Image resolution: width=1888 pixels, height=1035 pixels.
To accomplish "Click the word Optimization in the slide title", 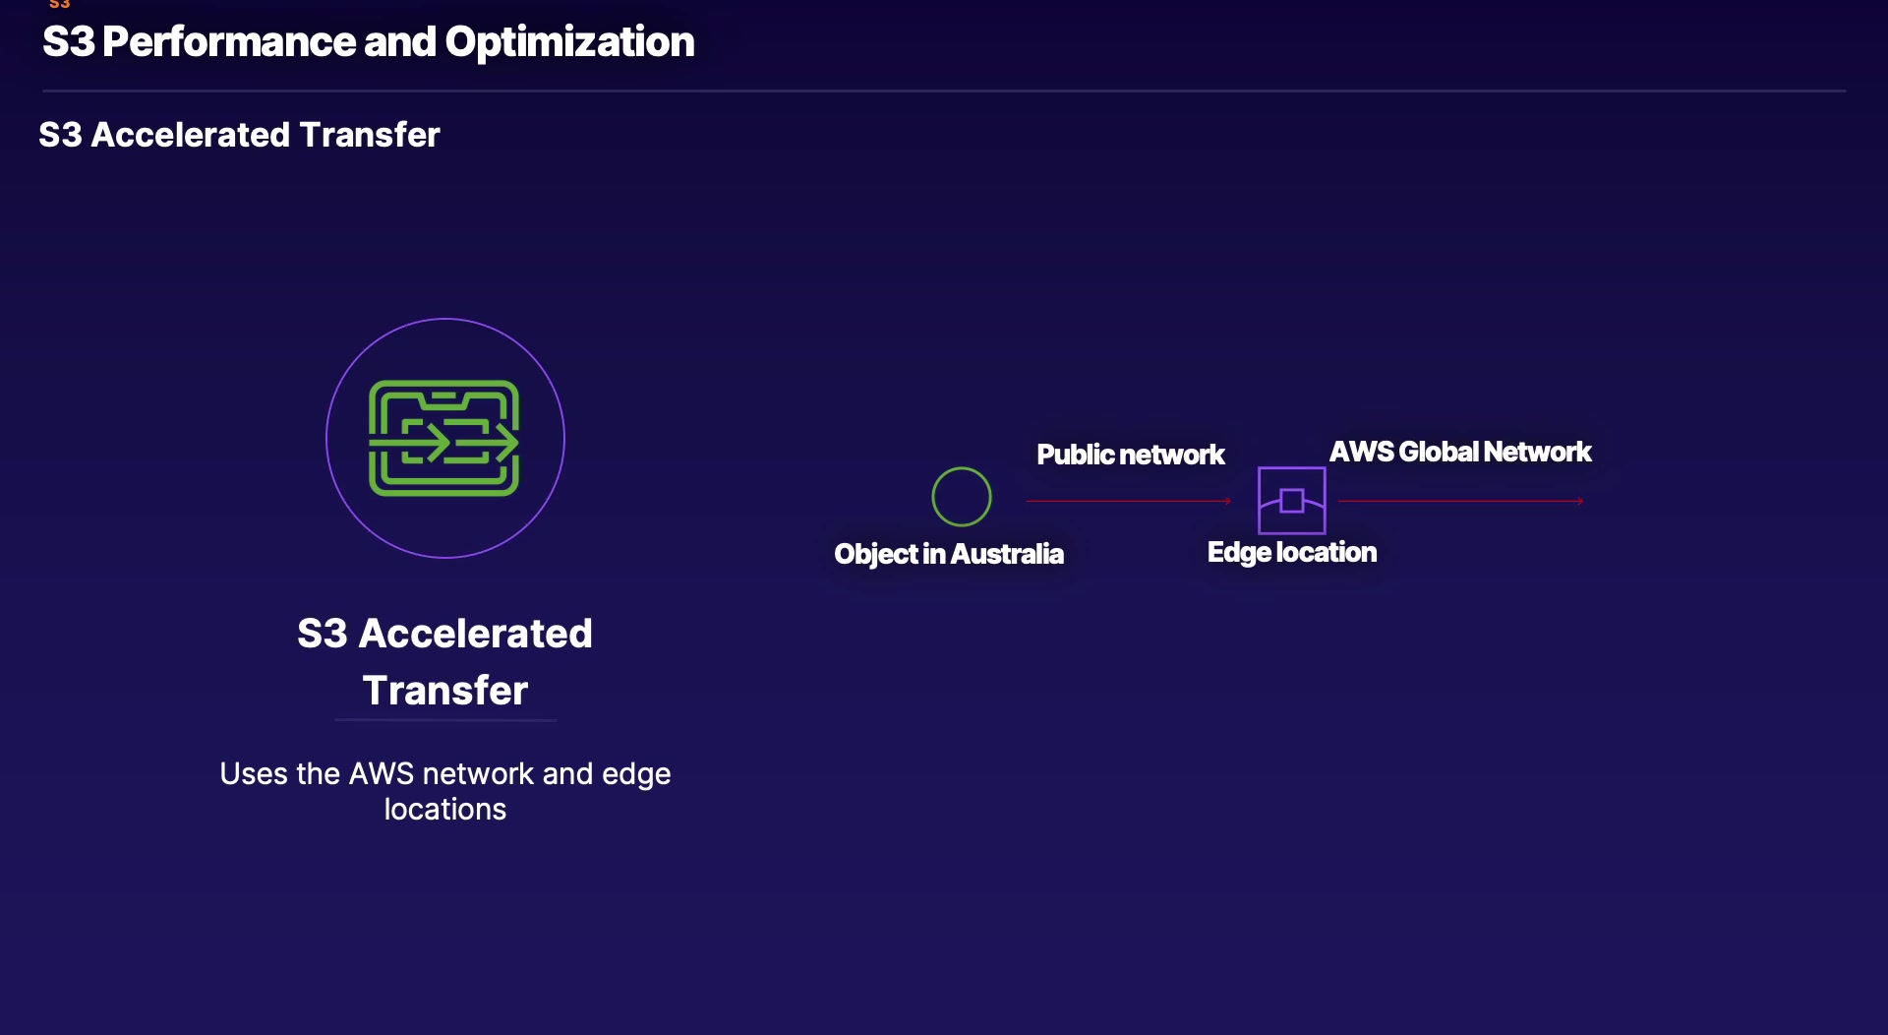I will click(569, 42).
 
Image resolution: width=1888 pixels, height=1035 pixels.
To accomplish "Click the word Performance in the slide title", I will click(228, 42).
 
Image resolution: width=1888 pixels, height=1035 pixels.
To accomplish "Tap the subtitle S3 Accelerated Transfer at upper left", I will click(239, 135).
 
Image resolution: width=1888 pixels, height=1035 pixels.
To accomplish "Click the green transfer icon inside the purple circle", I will click(443, 438).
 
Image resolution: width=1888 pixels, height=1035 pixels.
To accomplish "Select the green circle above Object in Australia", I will click(961, 497).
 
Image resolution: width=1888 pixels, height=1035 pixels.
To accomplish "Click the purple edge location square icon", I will click(1291, 500).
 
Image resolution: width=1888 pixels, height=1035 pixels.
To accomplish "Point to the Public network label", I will click(1130, 455).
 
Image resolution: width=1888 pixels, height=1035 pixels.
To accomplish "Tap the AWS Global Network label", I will click(1459, 452).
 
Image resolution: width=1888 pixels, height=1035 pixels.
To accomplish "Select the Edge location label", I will click(1291, 552).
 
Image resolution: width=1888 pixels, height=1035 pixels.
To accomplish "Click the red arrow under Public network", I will click(1127, 501).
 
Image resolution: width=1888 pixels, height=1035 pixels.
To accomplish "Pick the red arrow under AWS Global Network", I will click(1460, 501).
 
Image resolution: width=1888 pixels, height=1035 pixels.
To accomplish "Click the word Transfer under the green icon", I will click(444, 690).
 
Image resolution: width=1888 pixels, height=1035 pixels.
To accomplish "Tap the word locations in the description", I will click(444, 809).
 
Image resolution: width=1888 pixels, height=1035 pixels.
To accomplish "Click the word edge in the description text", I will click(635, 774).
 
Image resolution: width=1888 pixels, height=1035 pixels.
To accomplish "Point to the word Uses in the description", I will click(253, 774).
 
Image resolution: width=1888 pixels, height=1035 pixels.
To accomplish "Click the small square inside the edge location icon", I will click(1292, 501).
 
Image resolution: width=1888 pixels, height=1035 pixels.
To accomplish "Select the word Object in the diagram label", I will click(875, 554).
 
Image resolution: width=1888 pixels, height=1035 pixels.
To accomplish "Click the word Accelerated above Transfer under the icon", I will click(475, 634).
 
